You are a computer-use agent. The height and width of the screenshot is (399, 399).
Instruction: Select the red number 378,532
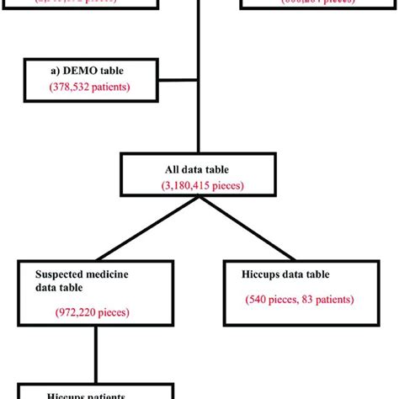point(67,86)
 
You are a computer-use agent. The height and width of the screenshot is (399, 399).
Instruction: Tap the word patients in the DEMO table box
point(108,86)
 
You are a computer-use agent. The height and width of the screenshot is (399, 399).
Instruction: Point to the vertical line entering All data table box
point(199,126)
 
